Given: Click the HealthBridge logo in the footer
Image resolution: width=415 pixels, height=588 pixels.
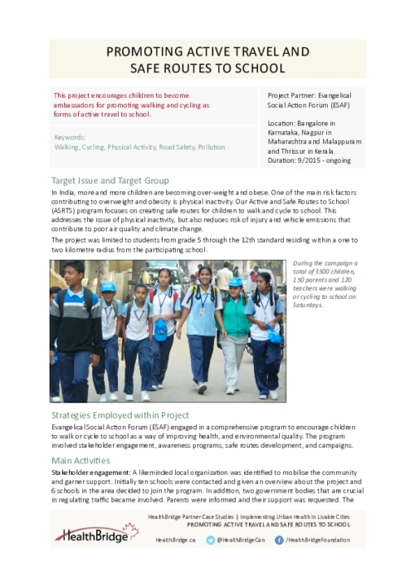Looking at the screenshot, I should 96,532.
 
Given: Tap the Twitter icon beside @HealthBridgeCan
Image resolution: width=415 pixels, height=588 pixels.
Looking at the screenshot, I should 211,540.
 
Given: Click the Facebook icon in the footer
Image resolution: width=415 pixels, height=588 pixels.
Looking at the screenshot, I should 278,540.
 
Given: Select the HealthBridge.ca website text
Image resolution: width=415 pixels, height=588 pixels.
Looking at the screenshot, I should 175,540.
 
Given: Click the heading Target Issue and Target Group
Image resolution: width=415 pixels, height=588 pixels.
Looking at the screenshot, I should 110,180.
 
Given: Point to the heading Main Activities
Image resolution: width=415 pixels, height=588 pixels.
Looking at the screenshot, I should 80,459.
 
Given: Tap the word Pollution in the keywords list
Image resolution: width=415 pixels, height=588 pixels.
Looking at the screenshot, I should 211,147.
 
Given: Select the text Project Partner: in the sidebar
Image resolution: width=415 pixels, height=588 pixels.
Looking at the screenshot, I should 289,96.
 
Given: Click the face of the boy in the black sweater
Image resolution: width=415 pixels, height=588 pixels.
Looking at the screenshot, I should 75,273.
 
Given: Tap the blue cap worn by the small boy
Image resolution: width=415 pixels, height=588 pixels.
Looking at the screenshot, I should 108,287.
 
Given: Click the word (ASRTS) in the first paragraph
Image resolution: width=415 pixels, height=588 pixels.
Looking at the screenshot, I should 63,211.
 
